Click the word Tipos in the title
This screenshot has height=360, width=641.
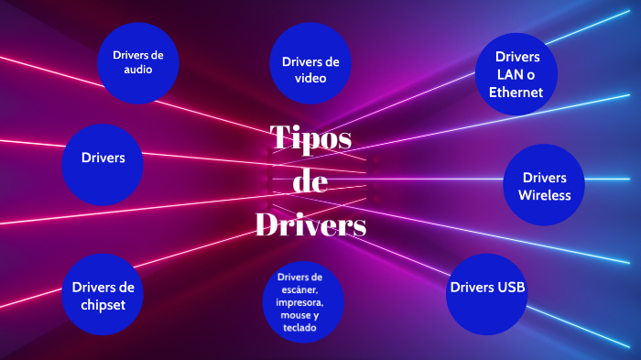(311, 138)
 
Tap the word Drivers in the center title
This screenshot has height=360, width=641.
(310, 223)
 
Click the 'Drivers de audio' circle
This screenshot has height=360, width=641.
(138, 62)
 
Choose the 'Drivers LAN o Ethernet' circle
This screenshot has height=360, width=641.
(517, 73)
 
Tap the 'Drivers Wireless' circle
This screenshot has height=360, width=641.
(544, 185)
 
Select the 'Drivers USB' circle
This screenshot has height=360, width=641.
(487, 288)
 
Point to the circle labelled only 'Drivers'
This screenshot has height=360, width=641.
(103, 158)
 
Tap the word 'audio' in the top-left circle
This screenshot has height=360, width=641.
(138, 70)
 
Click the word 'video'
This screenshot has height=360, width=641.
(310, 78)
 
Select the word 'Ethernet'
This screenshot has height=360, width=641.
(516, 92)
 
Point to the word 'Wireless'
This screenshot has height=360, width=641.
(544, 194)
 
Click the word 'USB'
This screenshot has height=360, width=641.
(510, 288)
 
